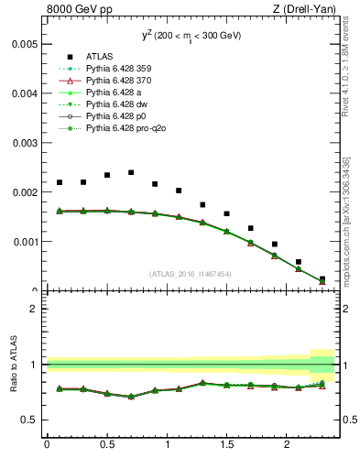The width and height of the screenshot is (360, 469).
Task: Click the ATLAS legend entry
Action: tap(98, 55)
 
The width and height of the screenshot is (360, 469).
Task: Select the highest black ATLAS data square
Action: tap(131, 172)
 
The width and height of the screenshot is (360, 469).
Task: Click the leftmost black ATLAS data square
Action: tap(60, 182)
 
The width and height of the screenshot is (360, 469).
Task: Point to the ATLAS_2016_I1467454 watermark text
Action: tap(191, 274)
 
